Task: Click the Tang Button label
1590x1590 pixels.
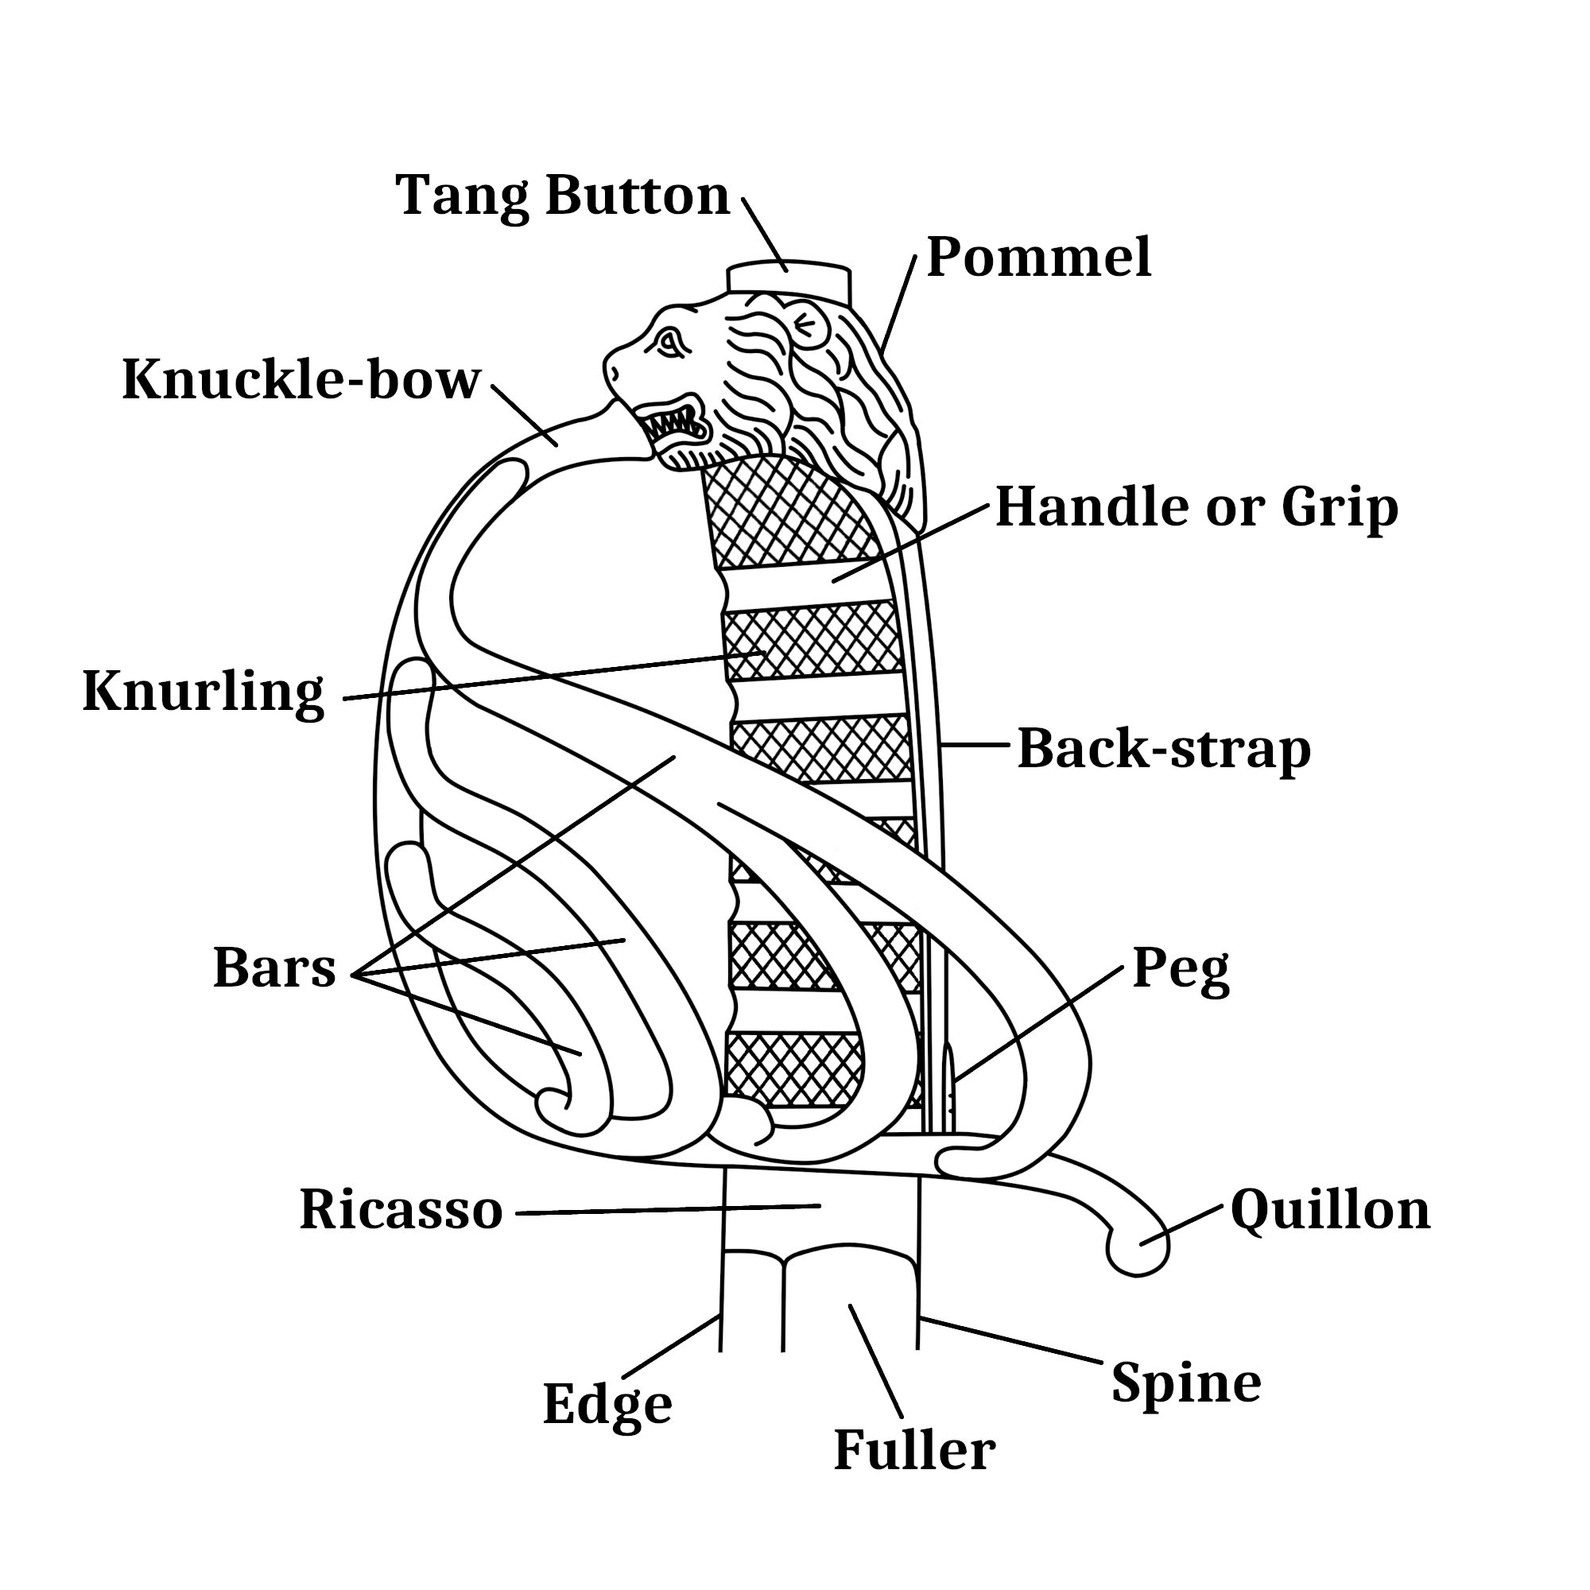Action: click(562, 196)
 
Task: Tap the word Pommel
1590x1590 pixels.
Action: click(1038, 258)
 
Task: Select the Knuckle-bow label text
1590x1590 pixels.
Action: click(301, 380)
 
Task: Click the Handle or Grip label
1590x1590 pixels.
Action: click(1196, 507)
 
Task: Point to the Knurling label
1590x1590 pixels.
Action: click(204, 692)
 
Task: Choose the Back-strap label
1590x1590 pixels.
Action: click(1164, 749)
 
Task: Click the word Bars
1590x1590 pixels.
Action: click(274, 968)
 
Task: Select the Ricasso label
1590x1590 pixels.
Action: click(401, 1210)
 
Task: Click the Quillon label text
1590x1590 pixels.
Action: click(1330, 1210)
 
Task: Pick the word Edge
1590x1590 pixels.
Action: click(607, 1404)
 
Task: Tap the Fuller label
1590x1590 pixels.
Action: click(914, 1450)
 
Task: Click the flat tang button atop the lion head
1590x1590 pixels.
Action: click(789, 279)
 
